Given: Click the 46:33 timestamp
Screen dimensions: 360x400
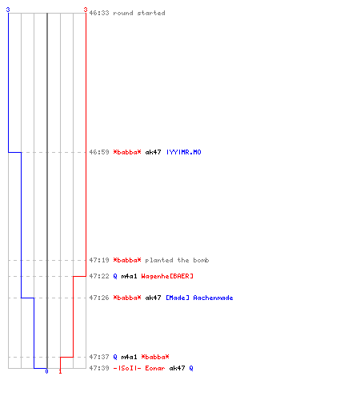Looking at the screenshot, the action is (x=99, y=13).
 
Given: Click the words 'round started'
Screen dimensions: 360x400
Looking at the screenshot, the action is (x=139, y=13).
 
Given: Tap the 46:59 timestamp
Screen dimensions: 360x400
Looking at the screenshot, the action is (x=99, y=152).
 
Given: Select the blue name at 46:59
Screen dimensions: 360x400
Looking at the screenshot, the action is (x=184, y=152).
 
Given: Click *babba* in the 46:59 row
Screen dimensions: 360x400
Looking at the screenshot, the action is (x=127, y=152).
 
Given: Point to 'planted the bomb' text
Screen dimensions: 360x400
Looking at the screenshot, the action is (x=177, y=260).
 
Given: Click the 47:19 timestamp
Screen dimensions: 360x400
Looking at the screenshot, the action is (x=99, y=260).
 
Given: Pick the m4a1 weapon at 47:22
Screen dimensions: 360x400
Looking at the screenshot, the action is (x=129, y=276).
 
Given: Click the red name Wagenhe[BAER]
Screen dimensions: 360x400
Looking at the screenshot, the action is (x=167, y=276).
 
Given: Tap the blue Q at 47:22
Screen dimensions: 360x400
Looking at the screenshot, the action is (x=115, y=276).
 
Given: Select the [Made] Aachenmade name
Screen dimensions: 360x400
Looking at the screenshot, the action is (x=199, y=298).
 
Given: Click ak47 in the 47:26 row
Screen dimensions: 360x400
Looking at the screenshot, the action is (x=153, y=298).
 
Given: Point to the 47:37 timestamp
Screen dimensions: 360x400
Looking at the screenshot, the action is (x=99, y=357).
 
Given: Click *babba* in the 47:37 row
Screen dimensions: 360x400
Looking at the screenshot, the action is (x=155, y=357).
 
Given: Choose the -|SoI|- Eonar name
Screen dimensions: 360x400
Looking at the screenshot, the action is (x=139, y=368).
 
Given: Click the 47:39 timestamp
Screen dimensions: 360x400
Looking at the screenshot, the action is (x=99, y=368).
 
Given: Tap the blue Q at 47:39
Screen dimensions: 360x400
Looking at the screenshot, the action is (x=191, y=368).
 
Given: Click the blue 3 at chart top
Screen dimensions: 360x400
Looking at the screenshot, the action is (x=8, y=10).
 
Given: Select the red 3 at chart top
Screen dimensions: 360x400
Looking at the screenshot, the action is (x=86, y=10).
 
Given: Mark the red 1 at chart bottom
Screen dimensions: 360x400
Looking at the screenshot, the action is (x=60, y=371).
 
